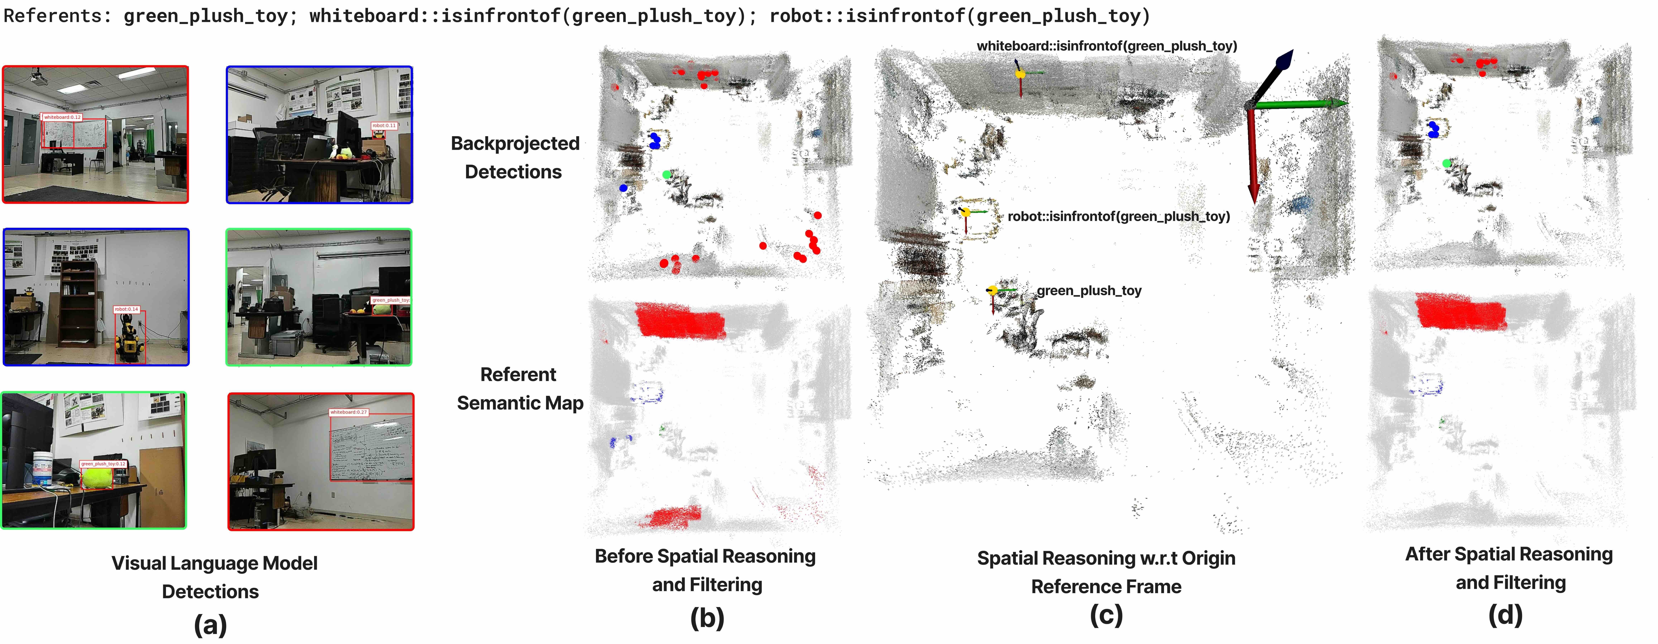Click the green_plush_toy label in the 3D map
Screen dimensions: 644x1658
[1088, 290]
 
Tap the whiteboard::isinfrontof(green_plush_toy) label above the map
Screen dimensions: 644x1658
[1106, 46]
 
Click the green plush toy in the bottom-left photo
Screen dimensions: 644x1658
[96, 477]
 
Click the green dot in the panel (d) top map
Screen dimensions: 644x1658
[1447, 164]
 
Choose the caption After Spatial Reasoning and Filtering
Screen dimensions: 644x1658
[1509, 568]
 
